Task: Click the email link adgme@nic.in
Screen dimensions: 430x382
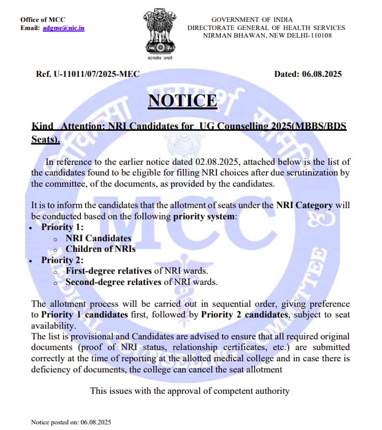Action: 64,27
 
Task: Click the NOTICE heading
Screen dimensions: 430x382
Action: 182,100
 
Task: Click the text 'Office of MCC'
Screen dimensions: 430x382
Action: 43,19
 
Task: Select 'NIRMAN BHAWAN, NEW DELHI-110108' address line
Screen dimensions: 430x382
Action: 267,35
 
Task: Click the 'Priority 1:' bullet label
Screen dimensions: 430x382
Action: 63,227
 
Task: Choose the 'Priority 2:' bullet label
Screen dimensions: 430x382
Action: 63,260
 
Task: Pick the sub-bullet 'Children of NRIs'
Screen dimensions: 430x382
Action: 100,249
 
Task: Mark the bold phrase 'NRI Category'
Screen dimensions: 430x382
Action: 304,205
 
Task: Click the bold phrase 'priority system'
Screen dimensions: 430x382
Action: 203,216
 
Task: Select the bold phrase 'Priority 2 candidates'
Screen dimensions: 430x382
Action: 244,314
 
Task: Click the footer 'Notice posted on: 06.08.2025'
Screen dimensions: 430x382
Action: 71,422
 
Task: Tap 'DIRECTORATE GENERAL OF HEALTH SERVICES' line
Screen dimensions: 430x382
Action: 266,27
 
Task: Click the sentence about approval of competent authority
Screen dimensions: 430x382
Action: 189,391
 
